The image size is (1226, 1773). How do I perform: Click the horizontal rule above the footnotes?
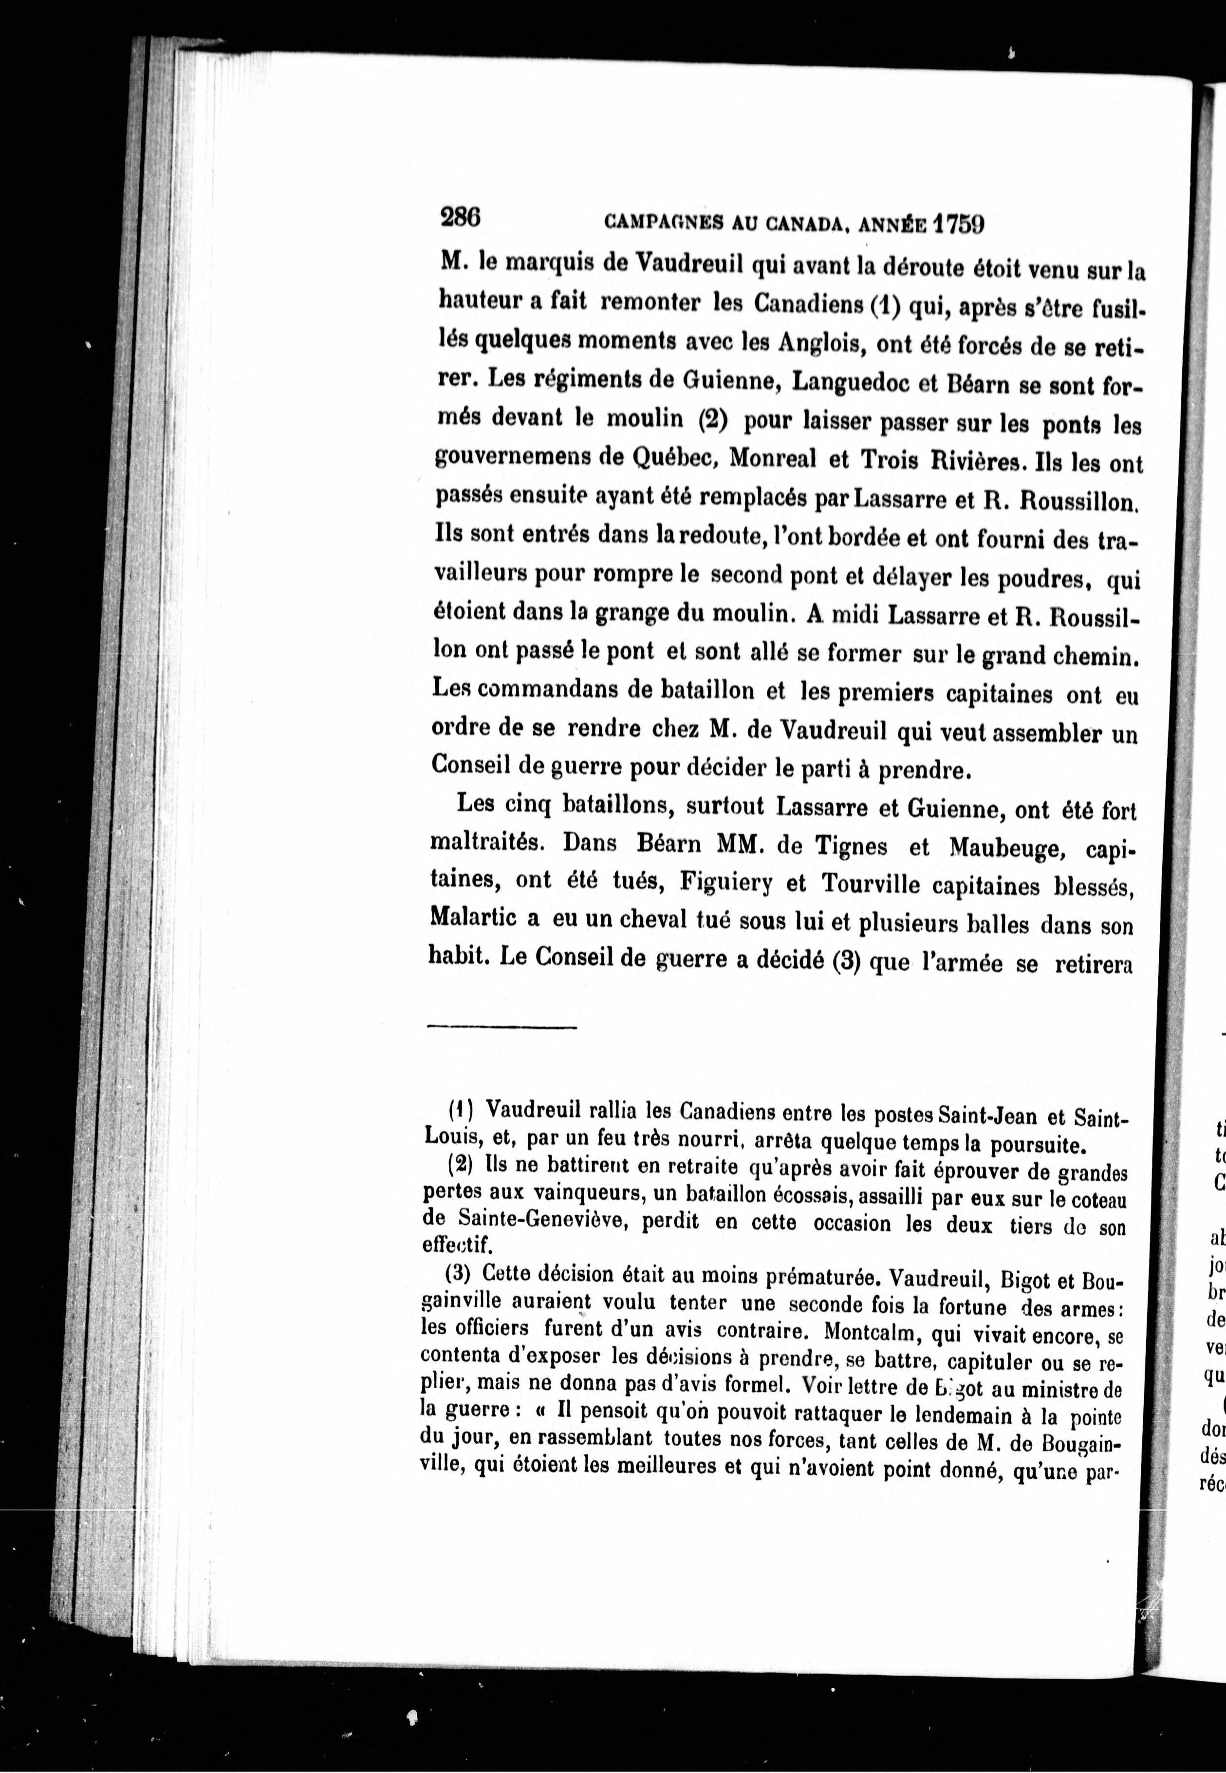coord(502,1026)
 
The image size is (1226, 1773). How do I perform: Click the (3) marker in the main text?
coord(845,963)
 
